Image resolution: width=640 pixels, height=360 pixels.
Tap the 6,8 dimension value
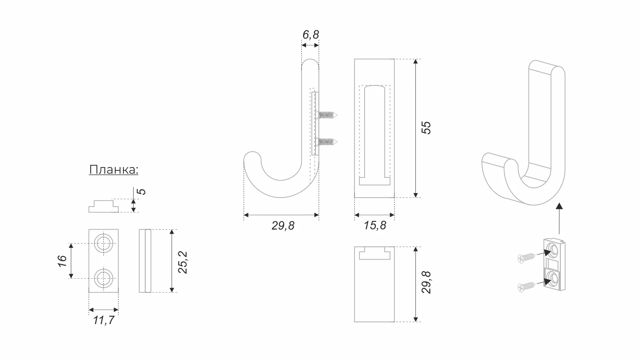point(311,35)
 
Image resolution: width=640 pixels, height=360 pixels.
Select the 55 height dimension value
point(426,128)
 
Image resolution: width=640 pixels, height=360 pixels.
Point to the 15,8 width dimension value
point(375,226)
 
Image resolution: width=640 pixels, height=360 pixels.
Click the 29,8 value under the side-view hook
point(283,226)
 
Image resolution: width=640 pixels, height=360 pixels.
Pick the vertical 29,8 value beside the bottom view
point(426,282)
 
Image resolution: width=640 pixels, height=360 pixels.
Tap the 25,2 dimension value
point(183,263)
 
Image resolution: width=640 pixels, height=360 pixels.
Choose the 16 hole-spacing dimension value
point(62,261)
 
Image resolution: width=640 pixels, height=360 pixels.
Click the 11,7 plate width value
point(104,320)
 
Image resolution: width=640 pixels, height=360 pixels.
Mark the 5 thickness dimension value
point(141,192)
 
